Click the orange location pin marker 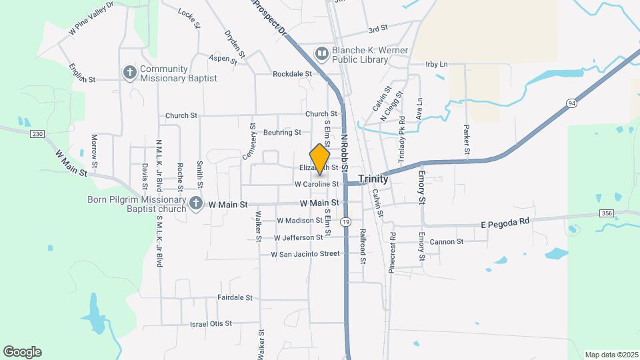click(320, 159)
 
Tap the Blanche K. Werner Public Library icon click(322, 53)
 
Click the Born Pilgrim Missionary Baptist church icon click(196, 204)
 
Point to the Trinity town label click(373, 179)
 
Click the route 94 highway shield click(571, 103)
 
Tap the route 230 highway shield click(37, 134)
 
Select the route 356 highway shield click(606, 213)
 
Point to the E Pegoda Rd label click(505, 221)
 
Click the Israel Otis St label click(211, 323)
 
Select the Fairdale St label click(235, 297)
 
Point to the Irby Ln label click(437, 65)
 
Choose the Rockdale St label click(292, 73)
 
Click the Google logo click(22, 352)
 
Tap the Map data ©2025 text click(610, 355)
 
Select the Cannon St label click(446, 242)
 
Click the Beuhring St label click(282, 133)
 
